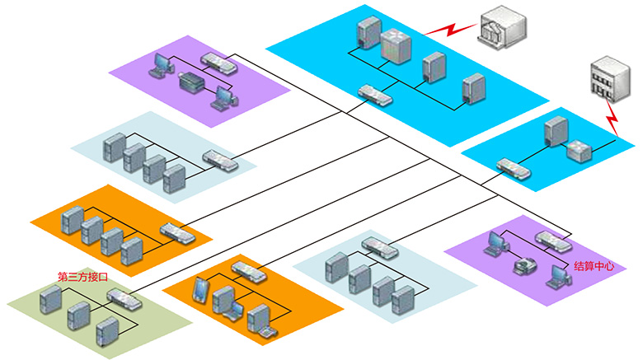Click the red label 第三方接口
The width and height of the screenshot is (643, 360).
point(83,277)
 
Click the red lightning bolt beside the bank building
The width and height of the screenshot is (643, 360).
point(451,30)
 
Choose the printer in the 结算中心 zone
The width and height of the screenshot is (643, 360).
point(524,265)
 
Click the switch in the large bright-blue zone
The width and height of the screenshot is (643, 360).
point(375,95)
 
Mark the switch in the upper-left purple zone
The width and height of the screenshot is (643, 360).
point(219,61)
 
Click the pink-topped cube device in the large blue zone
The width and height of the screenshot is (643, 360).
point(394,44)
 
